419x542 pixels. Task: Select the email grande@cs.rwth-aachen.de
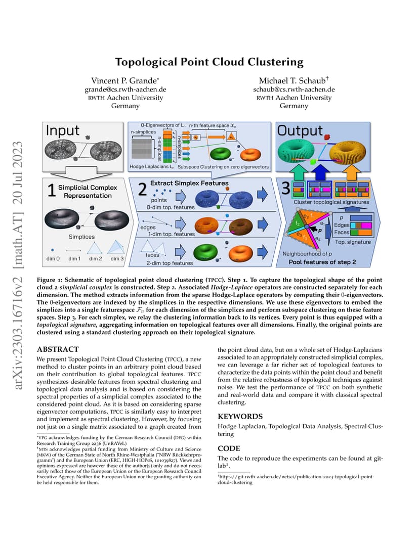[x=125, y=89]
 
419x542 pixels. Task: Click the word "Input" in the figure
[x=63, y=130]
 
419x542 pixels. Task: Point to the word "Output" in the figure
[x=300, y=130]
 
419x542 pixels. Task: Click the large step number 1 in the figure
[x=52, y=190]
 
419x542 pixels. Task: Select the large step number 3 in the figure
[x=286, y=188]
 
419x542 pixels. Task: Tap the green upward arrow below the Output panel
[x=298, y=172]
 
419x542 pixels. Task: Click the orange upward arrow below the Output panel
[x=352, y=172]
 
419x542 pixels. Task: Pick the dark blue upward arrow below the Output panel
[x=321, y=172]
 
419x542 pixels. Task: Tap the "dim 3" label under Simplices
[x=117, y=258]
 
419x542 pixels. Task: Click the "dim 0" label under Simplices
[x=53, y=258]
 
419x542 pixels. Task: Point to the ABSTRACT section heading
[x=58, y=349]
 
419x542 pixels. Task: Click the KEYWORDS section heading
[x=240, y=416]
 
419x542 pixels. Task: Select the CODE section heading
[x=229, y=448]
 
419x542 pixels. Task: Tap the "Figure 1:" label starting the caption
[x=50, y=280]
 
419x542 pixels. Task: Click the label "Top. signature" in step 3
[x=353, y=242]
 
